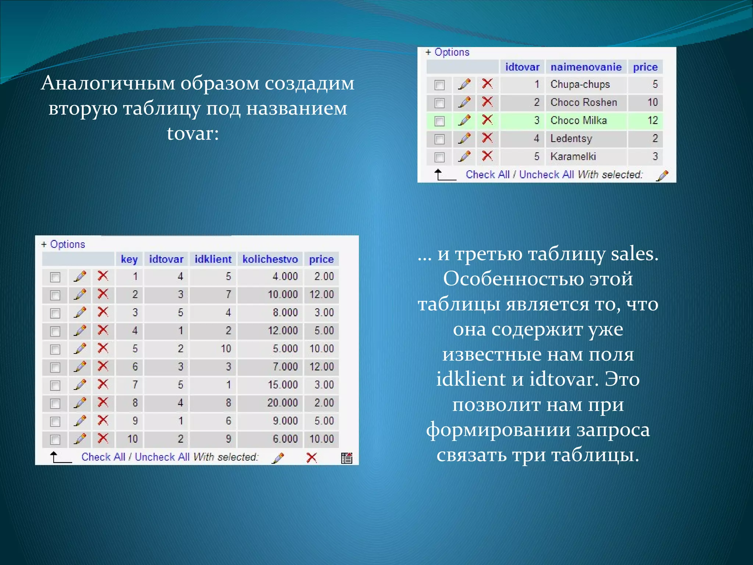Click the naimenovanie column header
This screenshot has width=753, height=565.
[586, 67]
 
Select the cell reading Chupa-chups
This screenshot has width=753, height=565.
[580, 85]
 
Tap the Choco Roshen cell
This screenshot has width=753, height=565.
[584, 103]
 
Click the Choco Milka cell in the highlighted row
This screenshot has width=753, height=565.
[578, 121]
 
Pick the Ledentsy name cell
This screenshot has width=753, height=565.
[571, 139]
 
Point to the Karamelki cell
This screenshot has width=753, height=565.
[573, 157]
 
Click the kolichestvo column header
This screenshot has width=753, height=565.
[270, 259]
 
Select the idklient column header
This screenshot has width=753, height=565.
[213, 259]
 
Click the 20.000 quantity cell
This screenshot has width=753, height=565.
[282, 403]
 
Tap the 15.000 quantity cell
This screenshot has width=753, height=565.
[282, 385]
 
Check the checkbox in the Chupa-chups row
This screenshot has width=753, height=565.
[439, 85]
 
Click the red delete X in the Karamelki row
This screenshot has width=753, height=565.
[487, 156]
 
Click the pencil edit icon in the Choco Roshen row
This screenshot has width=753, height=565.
[464, 102]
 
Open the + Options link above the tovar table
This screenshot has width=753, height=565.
[448, 52]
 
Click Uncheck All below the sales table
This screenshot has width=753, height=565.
[162, 457]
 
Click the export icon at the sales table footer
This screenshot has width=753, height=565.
[346, 458]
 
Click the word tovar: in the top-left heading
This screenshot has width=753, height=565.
[193, 133]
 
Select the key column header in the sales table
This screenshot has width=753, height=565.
[129, 259]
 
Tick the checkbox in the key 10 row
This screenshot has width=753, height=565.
[55, 440]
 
